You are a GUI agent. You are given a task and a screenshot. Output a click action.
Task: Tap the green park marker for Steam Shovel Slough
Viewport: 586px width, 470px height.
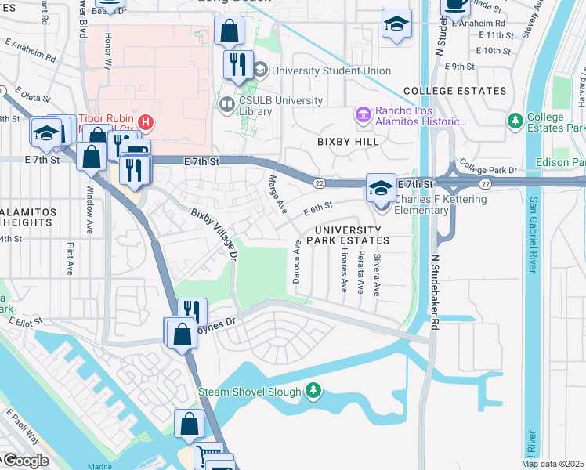point(313,390)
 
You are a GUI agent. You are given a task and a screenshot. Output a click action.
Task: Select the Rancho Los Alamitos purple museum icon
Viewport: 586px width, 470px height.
point(363,116)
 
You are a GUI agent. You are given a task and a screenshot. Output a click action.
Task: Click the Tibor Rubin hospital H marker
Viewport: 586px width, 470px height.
point(144,122)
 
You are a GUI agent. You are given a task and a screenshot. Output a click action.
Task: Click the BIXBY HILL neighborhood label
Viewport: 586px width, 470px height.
point(348,142)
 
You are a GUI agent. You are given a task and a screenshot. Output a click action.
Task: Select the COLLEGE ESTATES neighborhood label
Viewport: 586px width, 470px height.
point(454,91)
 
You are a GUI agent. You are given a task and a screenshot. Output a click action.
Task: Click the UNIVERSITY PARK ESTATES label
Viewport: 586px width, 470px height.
point(349,235)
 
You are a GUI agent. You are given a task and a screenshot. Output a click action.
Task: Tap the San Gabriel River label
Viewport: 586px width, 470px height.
point(532,235)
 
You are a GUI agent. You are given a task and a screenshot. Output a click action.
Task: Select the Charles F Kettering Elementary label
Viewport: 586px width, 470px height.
point(439,205)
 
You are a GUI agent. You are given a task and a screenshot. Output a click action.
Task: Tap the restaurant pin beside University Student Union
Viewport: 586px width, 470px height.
point(238,63)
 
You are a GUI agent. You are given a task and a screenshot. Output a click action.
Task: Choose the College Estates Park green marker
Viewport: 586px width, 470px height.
point(515,121)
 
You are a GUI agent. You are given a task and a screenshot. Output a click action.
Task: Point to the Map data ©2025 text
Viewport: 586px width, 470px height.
point(553,464)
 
